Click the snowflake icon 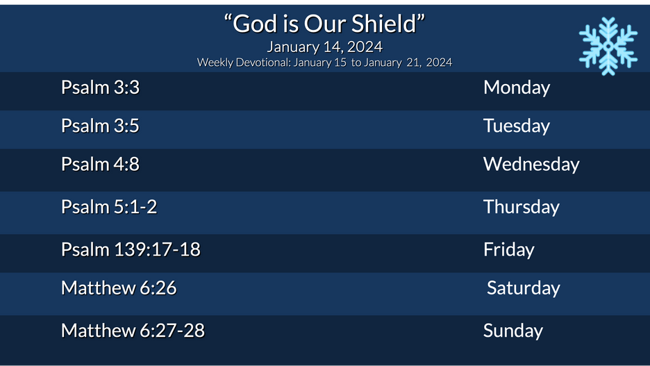pos(608,46)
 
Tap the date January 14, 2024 pos(324,47)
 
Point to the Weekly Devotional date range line pos(324,63)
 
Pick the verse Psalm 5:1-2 pos(109,207)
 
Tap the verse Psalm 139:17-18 pos(131,249)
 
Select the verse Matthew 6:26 pos(119,288)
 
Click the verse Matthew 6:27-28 pos(133,330)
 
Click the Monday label pos(517,88)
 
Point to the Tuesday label pos(517,126)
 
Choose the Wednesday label pos(531,165)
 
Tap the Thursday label pos(522,207)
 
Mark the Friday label pos(509,249)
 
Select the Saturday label pos(524,288)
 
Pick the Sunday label pos(513,331)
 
